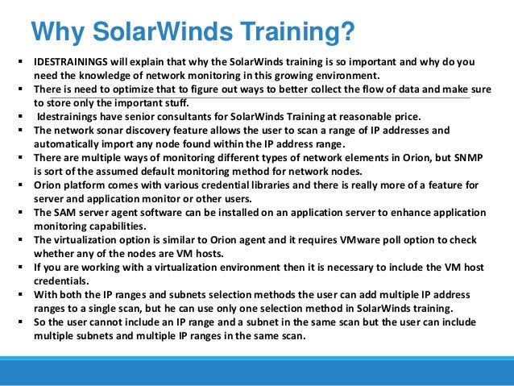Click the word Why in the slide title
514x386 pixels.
pyautogui.click(x=56, y=33)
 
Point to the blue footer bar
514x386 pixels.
pyautogui.click(x=257, y=372)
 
